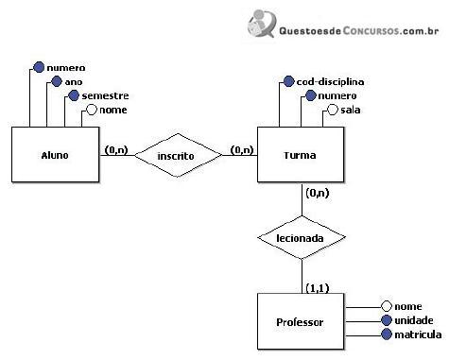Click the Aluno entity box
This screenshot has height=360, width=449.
click(x=56, y=154)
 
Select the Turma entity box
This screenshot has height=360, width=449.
click(x=301, y=154)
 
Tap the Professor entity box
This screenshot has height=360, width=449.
click(x=301, y=321)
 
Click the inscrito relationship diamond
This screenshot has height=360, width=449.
click(x=178, y=155)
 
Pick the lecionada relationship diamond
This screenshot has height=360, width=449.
click(x=302, y=237)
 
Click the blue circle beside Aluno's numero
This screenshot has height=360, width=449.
click(x=39, y=67)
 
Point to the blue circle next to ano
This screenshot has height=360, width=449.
click(x=57, y=81)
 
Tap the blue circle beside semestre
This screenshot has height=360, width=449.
click(x=74, y=95)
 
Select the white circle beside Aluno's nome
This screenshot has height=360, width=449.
click(x=92, y=110)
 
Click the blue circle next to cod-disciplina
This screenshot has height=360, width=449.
click(x=288, y=81)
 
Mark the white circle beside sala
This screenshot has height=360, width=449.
click(x=333, y=110)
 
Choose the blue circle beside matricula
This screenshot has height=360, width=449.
click(x=387, y=334)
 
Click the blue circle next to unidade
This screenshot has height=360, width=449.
click(x=387, y=320)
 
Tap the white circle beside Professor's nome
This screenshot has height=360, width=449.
click(x=387, y=306)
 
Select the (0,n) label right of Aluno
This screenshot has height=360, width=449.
click(x=116, y=150)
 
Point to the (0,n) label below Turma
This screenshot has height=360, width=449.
click(x=318, y=193)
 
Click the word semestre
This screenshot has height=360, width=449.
click(x=105, y=95)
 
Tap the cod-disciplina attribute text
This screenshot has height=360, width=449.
click(x=330, y=82)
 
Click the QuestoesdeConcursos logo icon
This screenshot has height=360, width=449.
click(x=262, y=23)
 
